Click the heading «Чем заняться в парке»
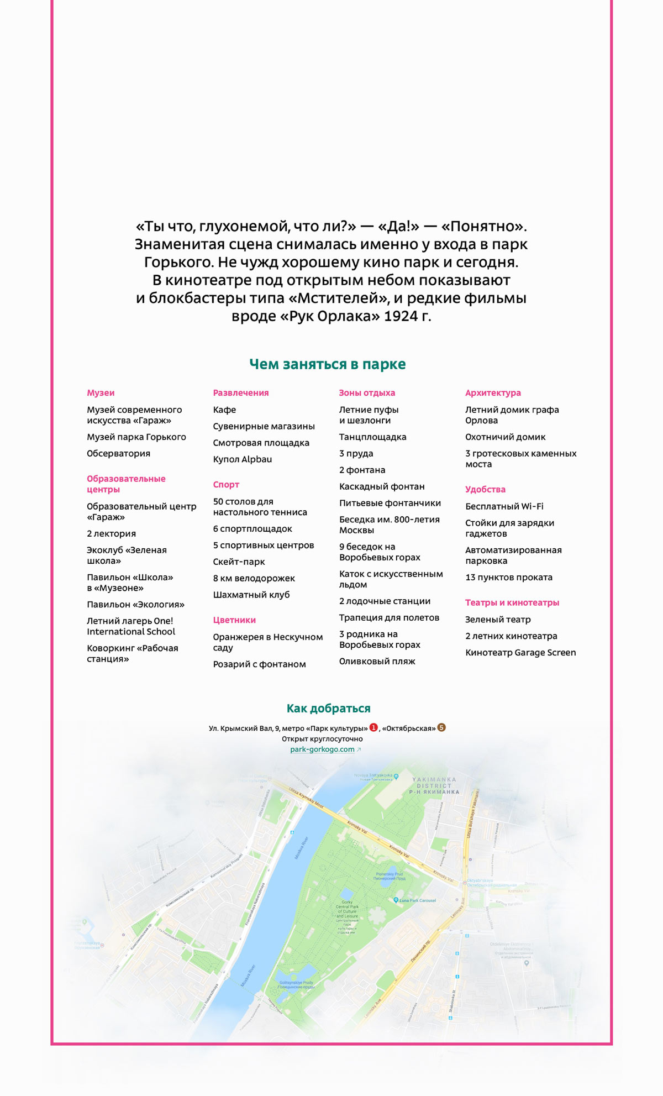pyautogui.click(x=327, y=364)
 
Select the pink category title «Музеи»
pyautogui.click(x=101, y=393)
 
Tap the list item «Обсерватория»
pyautogui.click(x=118, y=454)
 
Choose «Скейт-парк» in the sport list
pyautogui.click(x=239, y=562)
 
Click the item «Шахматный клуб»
pyautogui.click(x=251, y=595)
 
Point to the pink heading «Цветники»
pyautogui.click(x=234, y=620)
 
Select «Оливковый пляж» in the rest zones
pyautogui.click(x=377, y=662)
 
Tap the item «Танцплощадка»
pyautogui.click(x=372, y=437)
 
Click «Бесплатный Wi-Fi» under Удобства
pyautogui.click(x=504, y=507)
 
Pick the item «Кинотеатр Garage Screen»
pyautogui.click(x=520, y=653)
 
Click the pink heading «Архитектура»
pyautogui.click(x=493, y=393)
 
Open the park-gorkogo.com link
pyautogui.click(x=323, y=749)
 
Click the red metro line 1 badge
pyautogui.click(x=373, y=727)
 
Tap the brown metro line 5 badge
pyautogui.click(x=441, y=727)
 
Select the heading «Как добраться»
pyautogui.click(x=328, y=709)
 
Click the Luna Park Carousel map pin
pyautogui.click(x=396, y=900)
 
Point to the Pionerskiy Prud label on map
pyautogui.click(x=389, y=875)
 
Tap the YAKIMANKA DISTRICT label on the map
pyautogui.click(x=434, y=785)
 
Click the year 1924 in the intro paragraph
pyautogui.click(x=399, y=317)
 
